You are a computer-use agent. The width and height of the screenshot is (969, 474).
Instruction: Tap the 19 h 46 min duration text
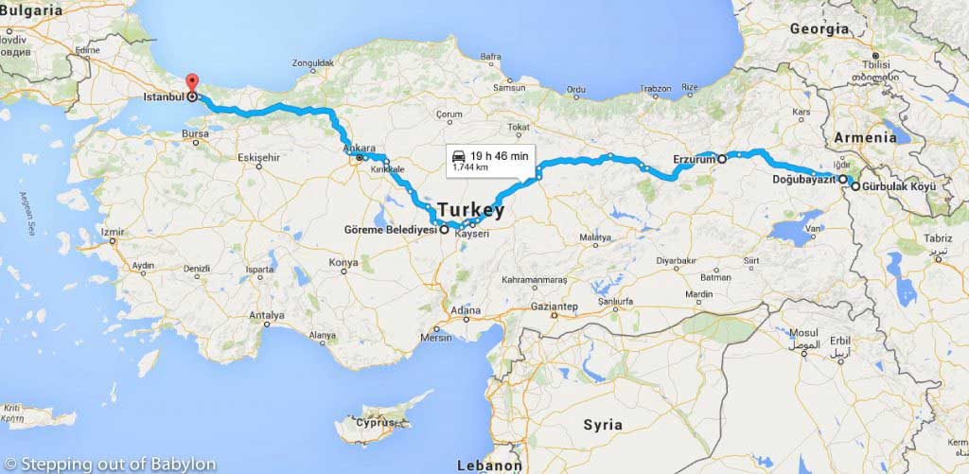(x=499, y=154)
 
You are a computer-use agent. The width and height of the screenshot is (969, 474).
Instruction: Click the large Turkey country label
(x=470, y=210)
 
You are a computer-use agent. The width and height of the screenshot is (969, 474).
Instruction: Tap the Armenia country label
(x=865, y=137)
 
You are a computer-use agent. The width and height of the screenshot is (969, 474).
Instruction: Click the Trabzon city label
(x=655, y=88)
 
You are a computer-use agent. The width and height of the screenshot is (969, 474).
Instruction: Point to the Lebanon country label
(x=489, y=465)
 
